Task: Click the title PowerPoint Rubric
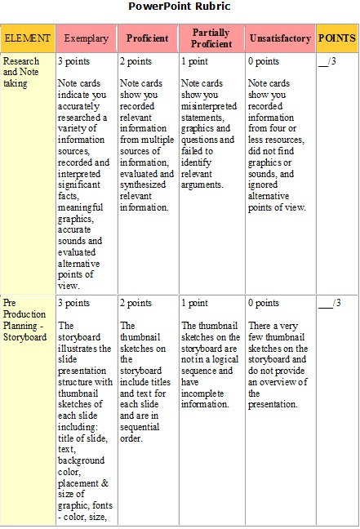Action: click(x=180, y=7)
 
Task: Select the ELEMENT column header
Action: click(x=27, y=38)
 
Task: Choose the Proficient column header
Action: click(x=148, y=38)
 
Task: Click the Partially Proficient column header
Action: click(x=210, y=38)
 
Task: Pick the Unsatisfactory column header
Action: click(x=280, y=38)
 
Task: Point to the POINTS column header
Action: click(x=336, y=38)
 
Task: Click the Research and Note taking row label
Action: click(x=20, y=72)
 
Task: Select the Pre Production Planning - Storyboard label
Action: click(x=24, y=321)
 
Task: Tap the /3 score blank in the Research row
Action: click(x=330, y=62)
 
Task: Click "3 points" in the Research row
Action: click(x=74, y=62)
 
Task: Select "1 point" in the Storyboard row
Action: click(x=194, y=304)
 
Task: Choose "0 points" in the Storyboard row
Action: click(x=264, y=304)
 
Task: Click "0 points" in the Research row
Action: click(x=264, y=62)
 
